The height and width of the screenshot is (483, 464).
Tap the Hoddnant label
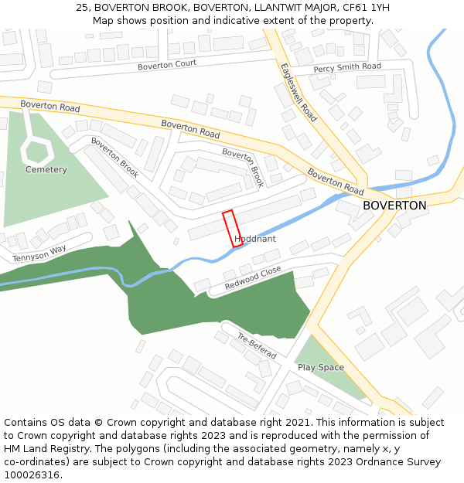click(x=254, y=240)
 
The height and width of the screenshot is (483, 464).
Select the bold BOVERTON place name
click(x=394, y=206)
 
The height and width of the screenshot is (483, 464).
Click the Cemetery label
click(x=46, y=169)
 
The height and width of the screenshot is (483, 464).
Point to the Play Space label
click(x=320, y=367)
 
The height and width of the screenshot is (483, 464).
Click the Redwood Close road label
click(x=253, y=279)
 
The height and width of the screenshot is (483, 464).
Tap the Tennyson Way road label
click(x=39, y=253)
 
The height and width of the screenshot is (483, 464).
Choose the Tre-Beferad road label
click(x=257, y=345)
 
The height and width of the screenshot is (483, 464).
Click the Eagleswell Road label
click(x=299, y=92)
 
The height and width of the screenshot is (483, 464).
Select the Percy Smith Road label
click(x=347, y=68)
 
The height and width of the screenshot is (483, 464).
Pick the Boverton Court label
click(x=167, y=65)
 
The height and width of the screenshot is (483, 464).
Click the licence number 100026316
click(x=32, y=475)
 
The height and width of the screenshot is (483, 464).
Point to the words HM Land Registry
click(x=39, y=449)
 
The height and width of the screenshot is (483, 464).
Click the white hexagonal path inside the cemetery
click(x=36, y=148)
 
